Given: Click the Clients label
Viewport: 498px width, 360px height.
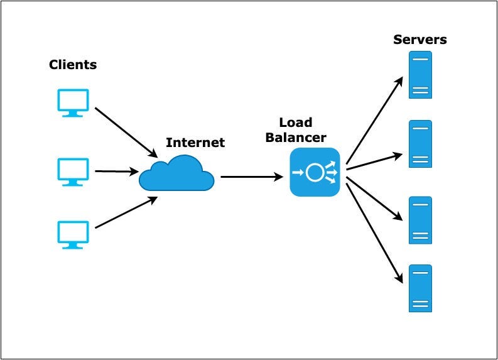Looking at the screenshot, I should pos(73,65).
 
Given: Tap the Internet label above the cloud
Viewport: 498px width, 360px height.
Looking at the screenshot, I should pos(195,143).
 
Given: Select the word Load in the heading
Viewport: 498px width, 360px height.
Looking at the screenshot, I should pos(295,123).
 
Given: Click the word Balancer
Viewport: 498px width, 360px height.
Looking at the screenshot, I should pos(295,137).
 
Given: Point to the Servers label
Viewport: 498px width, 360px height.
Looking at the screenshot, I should pos(420,40).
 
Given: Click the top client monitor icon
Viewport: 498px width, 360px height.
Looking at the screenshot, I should pos(73,102).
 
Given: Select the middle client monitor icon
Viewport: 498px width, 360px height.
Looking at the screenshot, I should pos(73,171).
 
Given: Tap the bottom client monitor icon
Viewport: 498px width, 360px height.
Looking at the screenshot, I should pos(73,234).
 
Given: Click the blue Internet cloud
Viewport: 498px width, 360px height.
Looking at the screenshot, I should pos(176,174).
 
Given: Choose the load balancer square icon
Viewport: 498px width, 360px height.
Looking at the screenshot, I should pos(315,172).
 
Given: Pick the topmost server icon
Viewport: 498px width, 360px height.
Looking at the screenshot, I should pos(420,75).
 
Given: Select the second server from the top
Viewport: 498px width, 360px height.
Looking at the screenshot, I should pos(420,144).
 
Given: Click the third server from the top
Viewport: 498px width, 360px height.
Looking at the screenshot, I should pos(420,220).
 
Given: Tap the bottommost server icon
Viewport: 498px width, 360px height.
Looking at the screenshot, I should pos(420,288).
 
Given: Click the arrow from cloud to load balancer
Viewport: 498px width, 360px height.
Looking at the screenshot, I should pos(251,177).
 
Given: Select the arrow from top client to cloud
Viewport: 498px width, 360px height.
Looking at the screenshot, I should pos(126,132).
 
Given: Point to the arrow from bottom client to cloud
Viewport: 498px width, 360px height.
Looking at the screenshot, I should pos(126,212).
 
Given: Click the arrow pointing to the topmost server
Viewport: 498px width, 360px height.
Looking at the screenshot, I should pos(374,119).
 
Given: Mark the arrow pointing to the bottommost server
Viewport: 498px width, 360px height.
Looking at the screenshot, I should pos(374,232).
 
